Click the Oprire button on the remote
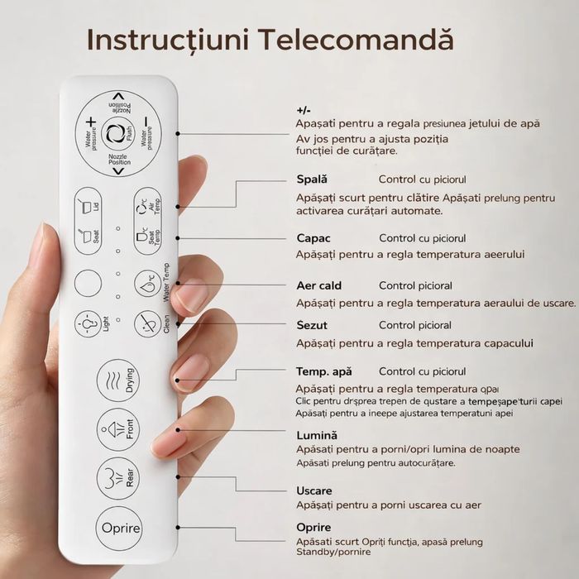[118, 529]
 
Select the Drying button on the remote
[117, 380]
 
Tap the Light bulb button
[88, 324]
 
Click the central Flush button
[117, 132]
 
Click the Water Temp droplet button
[147, 284]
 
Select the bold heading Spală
[312, 179]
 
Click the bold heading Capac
[313, 239]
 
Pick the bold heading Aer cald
[318, 286]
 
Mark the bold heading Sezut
[313, 326]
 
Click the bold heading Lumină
[317, 435]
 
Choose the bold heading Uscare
[314, 491]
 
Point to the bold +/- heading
[304, 110]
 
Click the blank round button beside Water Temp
[88, 284]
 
